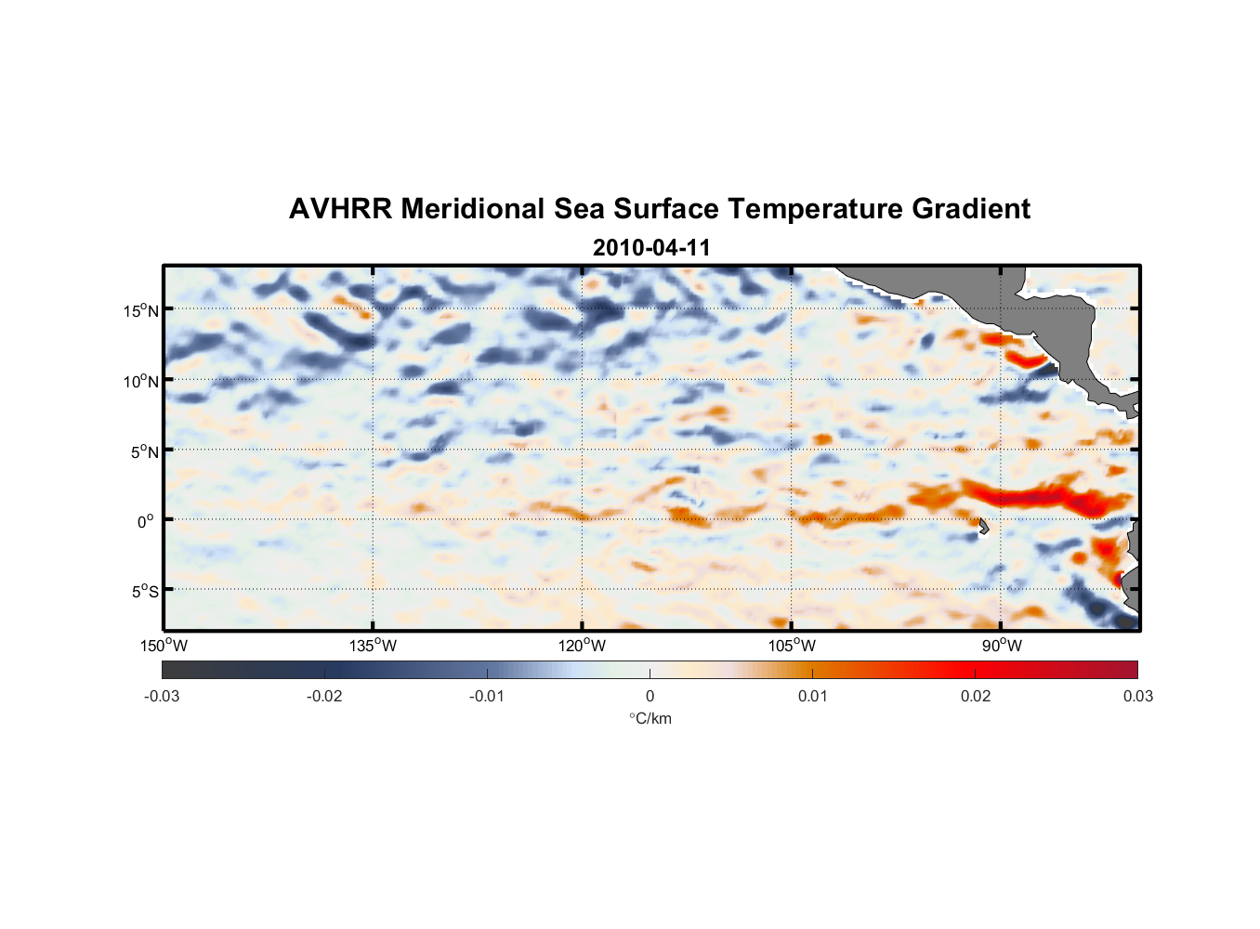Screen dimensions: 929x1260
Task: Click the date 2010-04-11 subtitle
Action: [651, 248]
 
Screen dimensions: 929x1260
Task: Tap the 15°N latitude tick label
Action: [141, 310]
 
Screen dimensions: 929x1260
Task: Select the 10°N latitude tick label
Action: [141, 381]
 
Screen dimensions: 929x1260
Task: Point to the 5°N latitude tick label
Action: [143, 451]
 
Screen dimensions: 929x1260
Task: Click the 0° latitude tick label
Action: [146, 521]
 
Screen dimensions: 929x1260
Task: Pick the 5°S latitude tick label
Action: [143, 591]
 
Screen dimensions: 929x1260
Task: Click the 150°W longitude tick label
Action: [164, 646]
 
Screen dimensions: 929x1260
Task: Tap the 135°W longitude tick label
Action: [373, 646]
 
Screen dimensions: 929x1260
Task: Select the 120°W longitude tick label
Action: [582, 646]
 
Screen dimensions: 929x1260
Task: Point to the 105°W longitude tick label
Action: [792, 646]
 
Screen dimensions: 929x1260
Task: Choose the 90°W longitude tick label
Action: [1002, 646]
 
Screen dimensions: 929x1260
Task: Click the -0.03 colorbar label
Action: [162, 697]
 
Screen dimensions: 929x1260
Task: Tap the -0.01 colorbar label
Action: [487, 697]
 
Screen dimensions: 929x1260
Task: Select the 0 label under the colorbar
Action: [650, 697]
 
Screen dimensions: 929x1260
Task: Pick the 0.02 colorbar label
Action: [976, 697]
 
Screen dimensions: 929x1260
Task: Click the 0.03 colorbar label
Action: [1137, 697]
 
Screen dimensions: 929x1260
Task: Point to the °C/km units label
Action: [650, 718]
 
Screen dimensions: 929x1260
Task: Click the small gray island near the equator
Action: [983, 527]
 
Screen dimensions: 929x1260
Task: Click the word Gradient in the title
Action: [971, 209]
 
